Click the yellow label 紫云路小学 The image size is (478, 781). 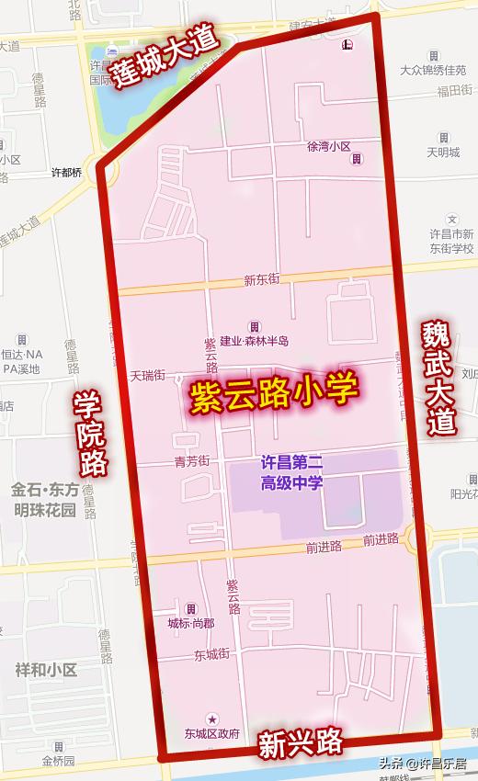point(274,396)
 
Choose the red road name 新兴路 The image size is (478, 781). point(301,741)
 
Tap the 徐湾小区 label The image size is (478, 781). point(329,146)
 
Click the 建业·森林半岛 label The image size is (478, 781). point(254,341)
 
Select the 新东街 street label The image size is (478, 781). point(262,279)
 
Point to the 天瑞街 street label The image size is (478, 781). point(147,375)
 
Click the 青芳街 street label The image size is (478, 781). point(192,460)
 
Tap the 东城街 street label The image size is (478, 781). point(211,655)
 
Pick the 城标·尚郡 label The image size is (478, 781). point(190,623)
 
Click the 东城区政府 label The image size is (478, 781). point(211,733)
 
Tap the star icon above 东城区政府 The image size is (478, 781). point(212,718)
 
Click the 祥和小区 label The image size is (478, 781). point(46,670)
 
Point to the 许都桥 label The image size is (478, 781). point(66,172)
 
